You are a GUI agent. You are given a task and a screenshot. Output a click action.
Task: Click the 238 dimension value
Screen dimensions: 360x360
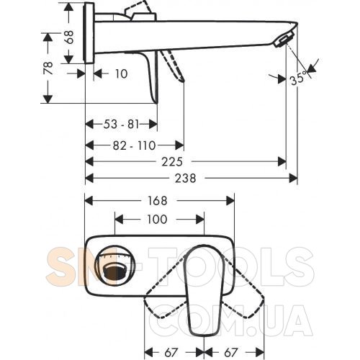tap(185, 179)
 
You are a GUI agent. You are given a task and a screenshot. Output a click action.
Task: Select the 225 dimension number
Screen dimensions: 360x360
tap(172, 162)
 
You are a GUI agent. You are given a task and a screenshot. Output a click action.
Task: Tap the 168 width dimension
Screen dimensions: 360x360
tap(157, 201)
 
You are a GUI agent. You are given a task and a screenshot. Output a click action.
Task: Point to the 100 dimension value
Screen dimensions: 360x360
tap(157, 220)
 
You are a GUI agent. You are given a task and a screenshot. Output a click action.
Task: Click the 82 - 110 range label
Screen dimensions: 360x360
tap(135, 145)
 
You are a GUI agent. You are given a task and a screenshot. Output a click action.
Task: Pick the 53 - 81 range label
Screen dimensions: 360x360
tap(121, 125)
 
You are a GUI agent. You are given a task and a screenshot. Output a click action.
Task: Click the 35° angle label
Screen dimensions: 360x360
tap(298, 78)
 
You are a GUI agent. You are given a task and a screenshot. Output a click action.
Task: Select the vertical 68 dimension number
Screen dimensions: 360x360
tap(69, 37)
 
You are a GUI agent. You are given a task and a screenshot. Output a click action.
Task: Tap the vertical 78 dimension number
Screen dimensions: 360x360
tap(48, 68)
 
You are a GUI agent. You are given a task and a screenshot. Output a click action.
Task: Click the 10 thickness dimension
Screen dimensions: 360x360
tap(121, 73)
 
